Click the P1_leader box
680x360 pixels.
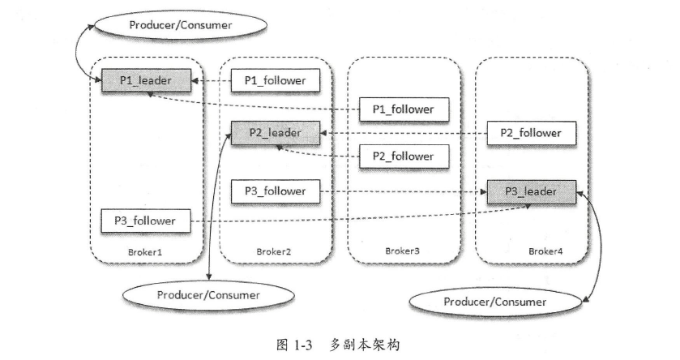click(147, 80)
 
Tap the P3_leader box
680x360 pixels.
click(531, 191)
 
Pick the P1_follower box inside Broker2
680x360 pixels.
click(275, 80)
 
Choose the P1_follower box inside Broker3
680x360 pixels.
click(403, 109)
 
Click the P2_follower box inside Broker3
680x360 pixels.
click(403, 155)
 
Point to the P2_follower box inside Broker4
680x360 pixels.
click(531, 133)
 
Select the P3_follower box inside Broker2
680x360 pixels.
click(275, 191)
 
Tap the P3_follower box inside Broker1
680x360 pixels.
click(146, 219)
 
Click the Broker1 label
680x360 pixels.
click(145, 251)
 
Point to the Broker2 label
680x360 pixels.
click(273, 251)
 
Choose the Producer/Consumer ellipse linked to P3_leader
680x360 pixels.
click(495, 302)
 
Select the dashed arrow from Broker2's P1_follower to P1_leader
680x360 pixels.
click(213, 80)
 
